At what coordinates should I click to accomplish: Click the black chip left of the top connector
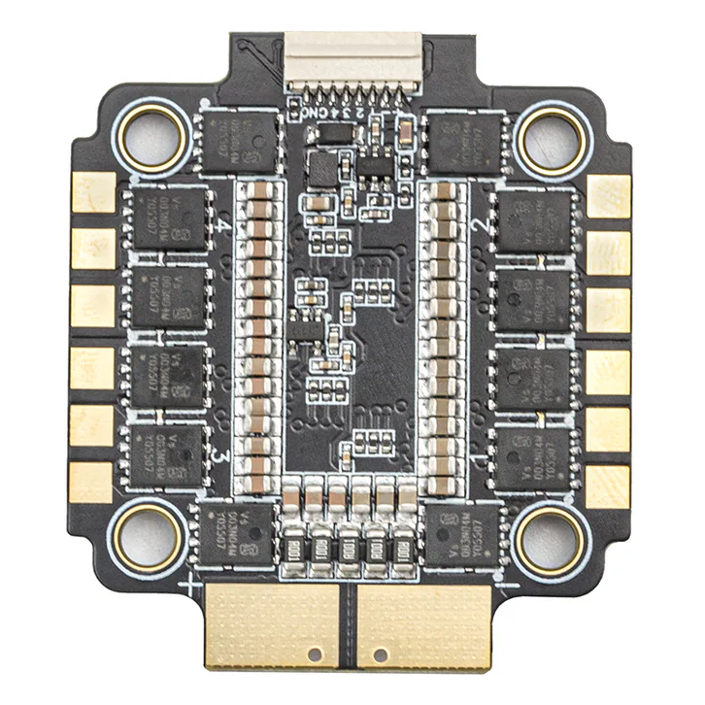point(239,140)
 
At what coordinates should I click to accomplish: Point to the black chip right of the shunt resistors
point(462,534)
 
